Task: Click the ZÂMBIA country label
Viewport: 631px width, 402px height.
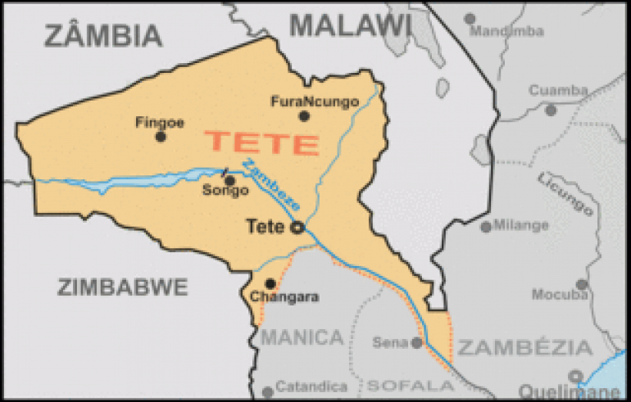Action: pyautogui.click(x=103, y=35)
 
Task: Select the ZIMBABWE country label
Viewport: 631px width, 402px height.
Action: pyautogui.click(x=123, y=287)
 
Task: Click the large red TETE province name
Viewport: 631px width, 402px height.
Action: pyautogui.click(x=262, y=143)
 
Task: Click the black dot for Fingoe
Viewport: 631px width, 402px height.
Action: pyautogui.click(x=161, y=136)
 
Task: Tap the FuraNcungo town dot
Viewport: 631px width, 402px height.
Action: pyautogui.click(x=304, y=116)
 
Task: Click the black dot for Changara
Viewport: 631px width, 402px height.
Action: pyautogui.click(x=270, y=283)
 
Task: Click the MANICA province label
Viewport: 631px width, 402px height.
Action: pyautogui.click(x=302, y=337)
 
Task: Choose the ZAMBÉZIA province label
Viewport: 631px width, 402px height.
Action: pyautogui.click(x=524, y=347)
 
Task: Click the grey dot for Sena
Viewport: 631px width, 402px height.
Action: pyautogui.click(x=416, y=342)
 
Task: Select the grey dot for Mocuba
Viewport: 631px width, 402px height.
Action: pyautogui.click(x=582, y=285)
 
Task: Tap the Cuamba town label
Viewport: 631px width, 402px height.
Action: pyautogui.click(x=558, y=90)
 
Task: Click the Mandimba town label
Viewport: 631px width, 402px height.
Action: pyautogui.click(x=508, y=31)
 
